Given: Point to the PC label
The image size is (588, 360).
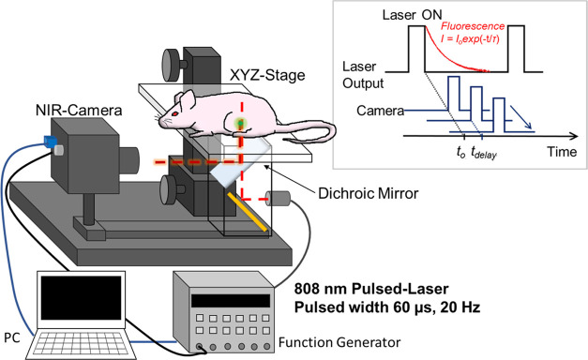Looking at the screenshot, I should pos(10,333).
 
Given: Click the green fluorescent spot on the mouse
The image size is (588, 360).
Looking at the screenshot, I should pos(243,123).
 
